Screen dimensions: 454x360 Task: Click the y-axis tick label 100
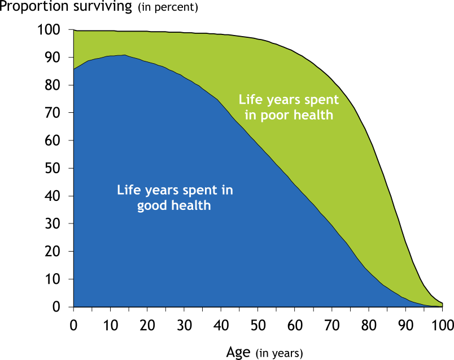pyautogui.click(x=49, y=29)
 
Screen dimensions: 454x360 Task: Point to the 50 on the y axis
pyautogui.click(x=53, y=168)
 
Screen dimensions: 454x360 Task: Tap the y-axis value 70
pyautogui.click(x=53, y=113)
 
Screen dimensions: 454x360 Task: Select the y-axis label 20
pyautogui.click(x=53, y=251)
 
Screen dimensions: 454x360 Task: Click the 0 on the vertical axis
pyautogui.click(x=56, y=306)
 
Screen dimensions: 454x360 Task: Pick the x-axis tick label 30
pyautogui.click(x=185, y=326)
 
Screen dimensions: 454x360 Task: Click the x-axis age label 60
pyautogui.click(x=295, y=326)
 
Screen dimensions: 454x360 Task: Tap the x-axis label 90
pyautogui.click(x=405, y=326)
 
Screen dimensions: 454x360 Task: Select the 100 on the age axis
pyautogui.click(x=443, y=326)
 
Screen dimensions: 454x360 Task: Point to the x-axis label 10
pyautogui.click(x=111, y=326)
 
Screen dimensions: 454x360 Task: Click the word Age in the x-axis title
pyautogui.click(x=238, y=353)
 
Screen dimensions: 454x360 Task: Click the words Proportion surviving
pyautogui.click(x=66, y=6)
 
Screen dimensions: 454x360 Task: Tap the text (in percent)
pyautogui.click(x=168, y=7)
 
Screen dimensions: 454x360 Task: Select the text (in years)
pyautogui.click(x=280, y=353)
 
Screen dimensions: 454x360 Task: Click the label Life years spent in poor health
pyautogui.click(x=289, y=107)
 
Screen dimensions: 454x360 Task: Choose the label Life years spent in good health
pyautogui.click(x=175, y=198)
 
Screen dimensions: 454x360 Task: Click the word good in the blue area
pyautogui.click(x=152, y=206)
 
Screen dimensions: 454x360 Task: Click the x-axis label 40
pyautogui.click(x=221, y=326)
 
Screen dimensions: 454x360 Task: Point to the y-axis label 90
pyautogui.click(x=53, y=58)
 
